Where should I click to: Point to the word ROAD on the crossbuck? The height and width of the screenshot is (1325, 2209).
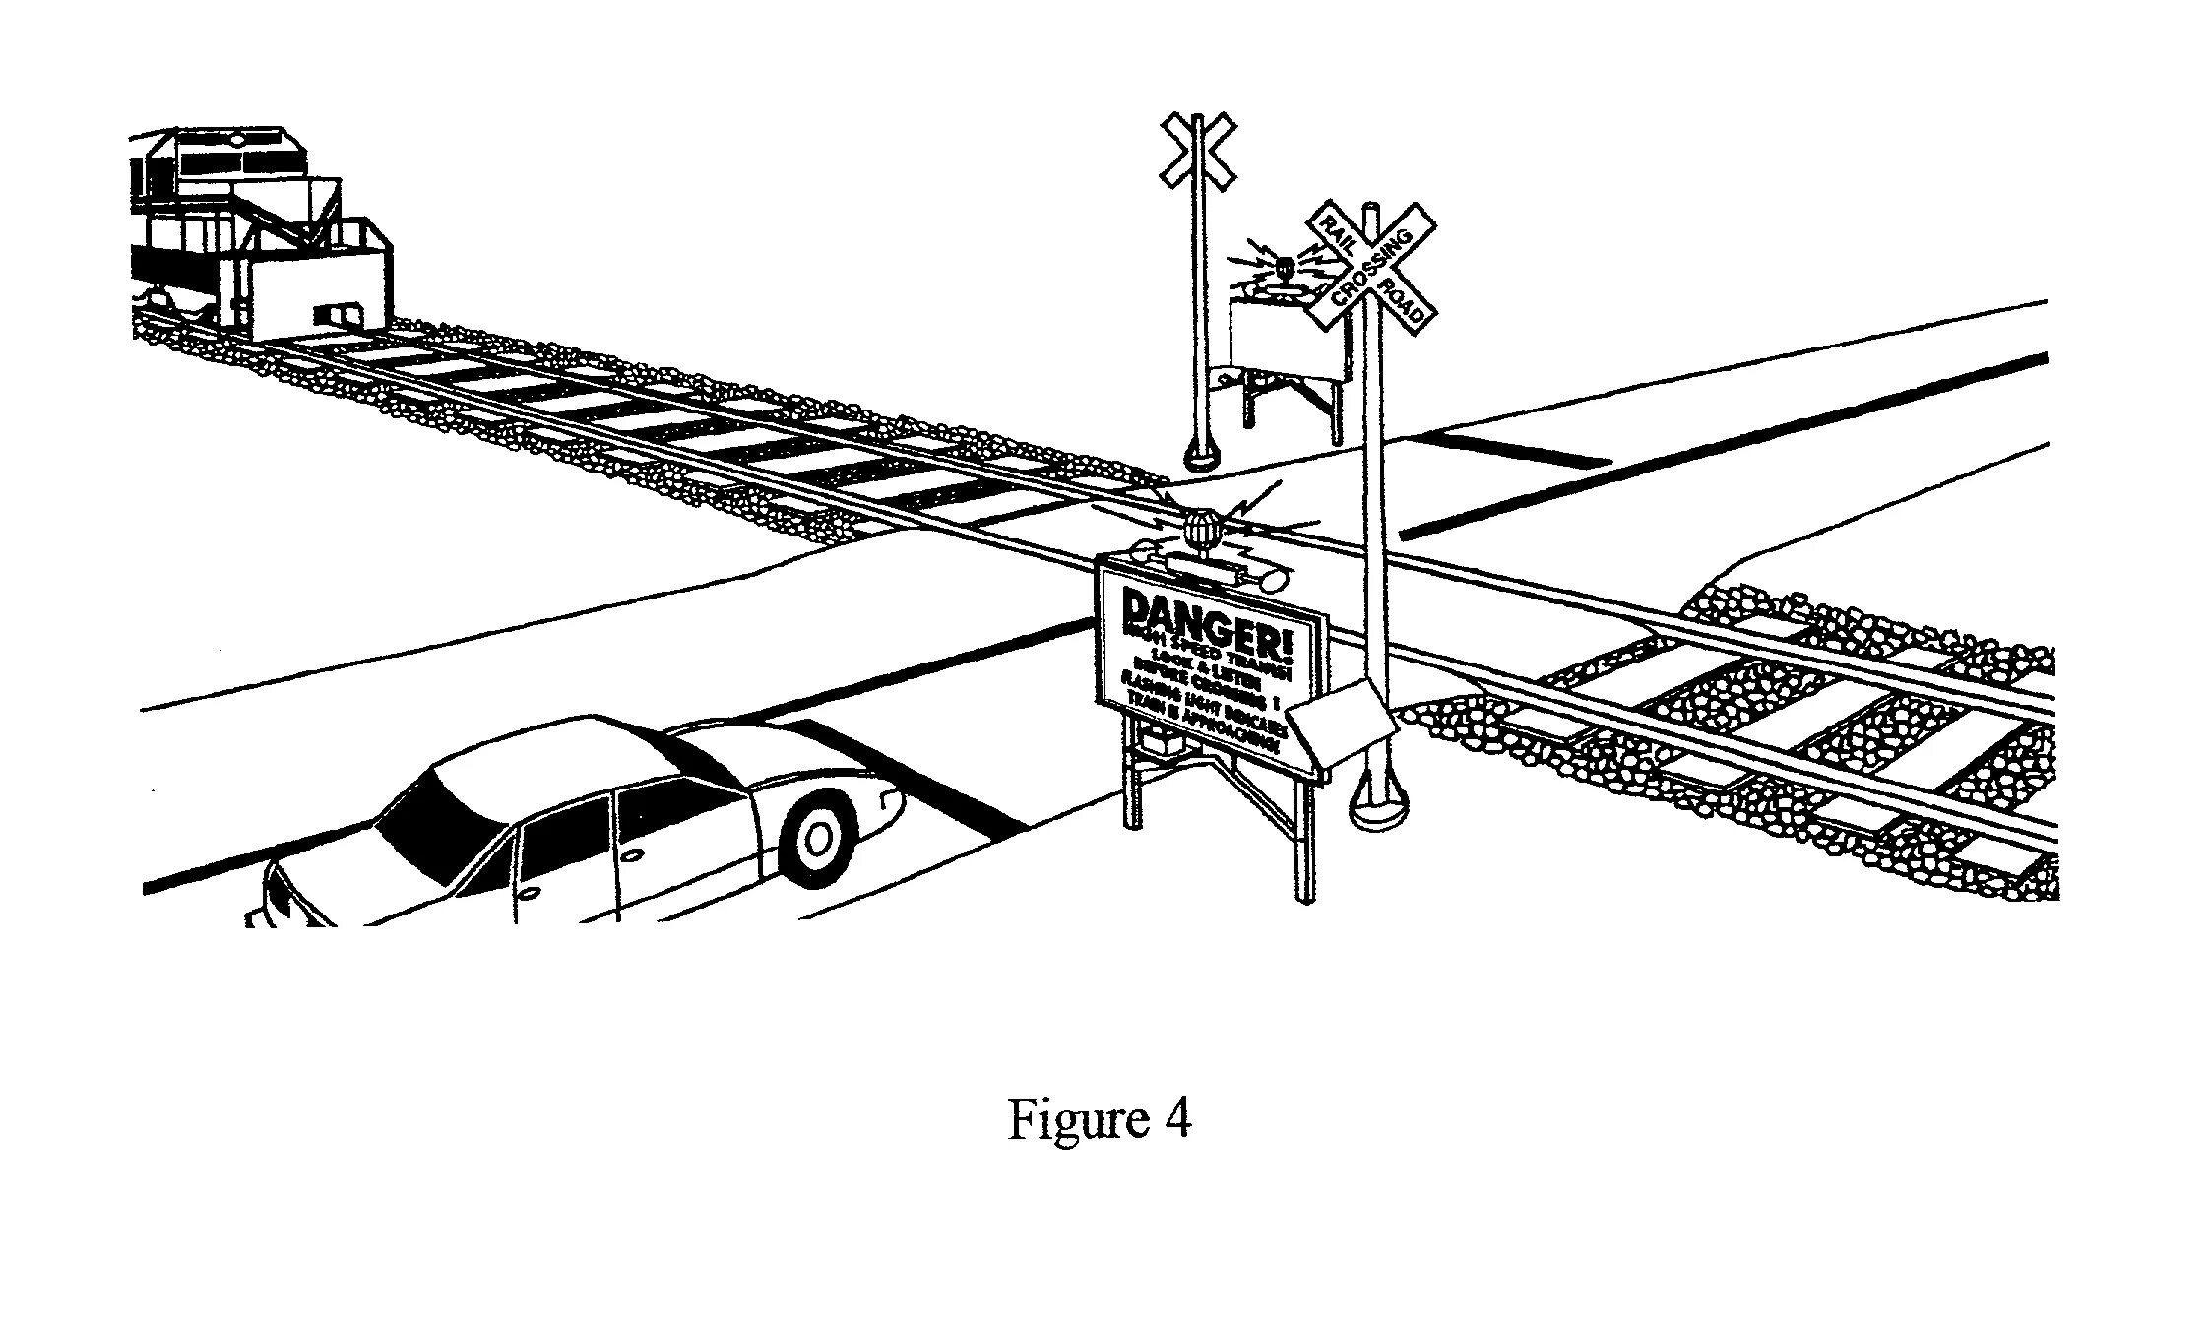pos(1403,301)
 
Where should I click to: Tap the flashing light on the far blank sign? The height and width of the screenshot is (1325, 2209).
pos(1284,269)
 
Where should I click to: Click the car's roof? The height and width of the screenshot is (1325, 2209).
pos(551,758)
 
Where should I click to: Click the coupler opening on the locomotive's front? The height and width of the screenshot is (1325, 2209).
pos(331,315)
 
